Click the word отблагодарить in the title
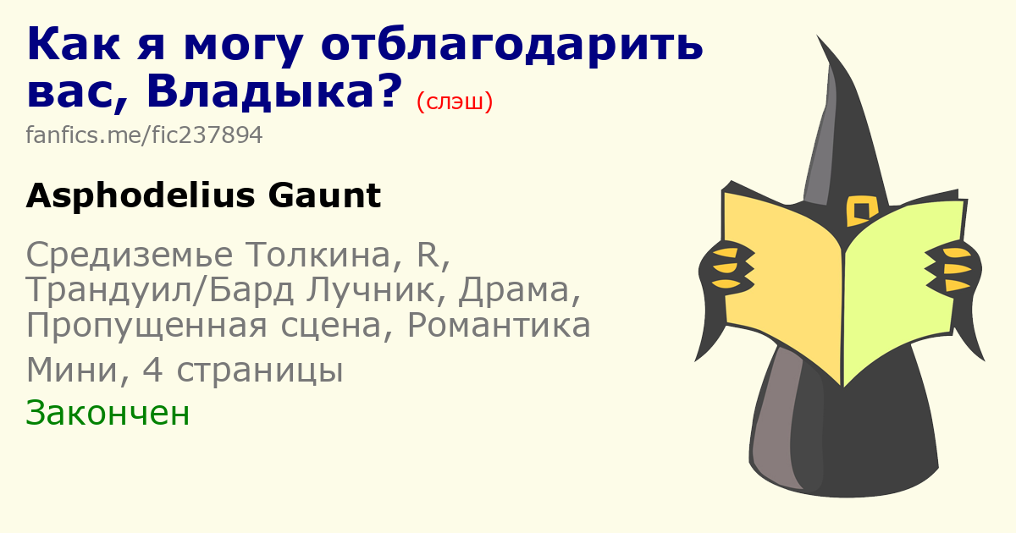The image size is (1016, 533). tap(512, 46)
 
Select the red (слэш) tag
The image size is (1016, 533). tap(455, 102)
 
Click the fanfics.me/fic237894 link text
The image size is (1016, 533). tap(144, 135)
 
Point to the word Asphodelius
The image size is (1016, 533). tap(141, 195)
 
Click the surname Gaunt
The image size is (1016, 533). tap(324, 195)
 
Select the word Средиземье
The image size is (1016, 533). tap(130, 255)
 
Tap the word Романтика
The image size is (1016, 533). tap(499, 326)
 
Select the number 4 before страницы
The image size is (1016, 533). tap(152, 370)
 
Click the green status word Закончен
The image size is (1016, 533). tap(108, 413)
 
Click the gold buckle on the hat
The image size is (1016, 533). tap(862, 211)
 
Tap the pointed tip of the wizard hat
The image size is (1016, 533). tap(818, 36)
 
